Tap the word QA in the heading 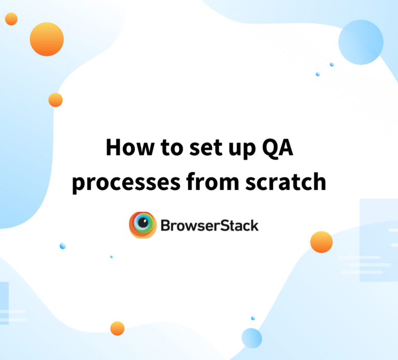click(279, 148)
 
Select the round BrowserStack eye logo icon click(143, 225)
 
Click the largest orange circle click(47, 39)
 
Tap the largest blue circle click(361, 42)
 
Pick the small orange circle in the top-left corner click(11, 19)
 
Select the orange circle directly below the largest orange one click(55, 100)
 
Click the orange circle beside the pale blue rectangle click(321, 242)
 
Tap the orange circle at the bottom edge click(118, 328)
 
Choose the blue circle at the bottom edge click(252, 338)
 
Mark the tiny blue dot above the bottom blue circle click(253, 318)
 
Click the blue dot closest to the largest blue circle click(332, 64)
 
